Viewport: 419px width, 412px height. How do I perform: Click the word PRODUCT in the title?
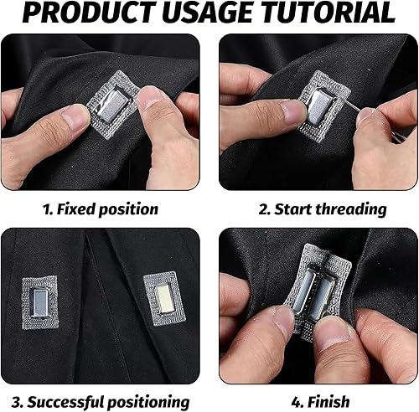(90, 13)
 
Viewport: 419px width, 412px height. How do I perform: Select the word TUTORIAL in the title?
(328, 13)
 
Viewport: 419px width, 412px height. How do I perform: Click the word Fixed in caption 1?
(76, 209)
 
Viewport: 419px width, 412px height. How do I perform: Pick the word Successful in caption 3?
(65, 402)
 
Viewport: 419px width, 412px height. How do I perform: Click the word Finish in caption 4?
(328, 402)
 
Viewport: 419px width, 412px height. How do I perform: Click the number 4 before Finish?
(297, 402)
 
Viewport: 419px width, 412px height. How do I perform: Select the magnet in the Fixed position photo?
(112, 105)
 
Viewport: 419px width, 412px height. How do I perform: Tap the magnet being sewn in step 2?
(321, 106)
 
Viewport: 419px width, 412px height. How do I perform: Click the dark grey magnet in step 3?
(40, 303)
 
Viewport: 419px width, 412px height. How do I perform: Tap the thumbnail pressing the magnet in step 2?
(293, 112)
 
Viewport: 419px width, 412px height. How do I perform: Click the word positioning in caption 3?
(148, 403)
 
